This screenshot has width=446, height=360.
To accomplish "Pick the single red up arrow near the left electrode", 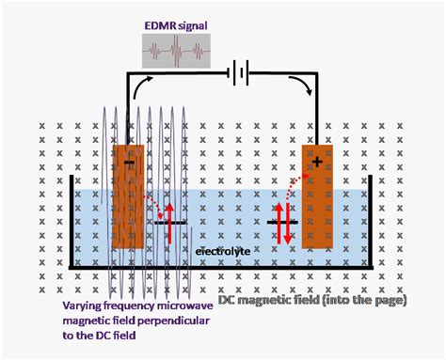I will point(169,222).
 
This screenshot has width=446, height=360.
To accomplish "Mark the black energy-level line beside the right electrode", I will point(282,223).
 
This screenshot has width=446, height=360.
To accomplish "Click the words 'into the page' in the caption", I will point(362,300).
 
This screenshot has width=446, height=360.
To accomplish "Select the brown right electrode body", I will point(317,202).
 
